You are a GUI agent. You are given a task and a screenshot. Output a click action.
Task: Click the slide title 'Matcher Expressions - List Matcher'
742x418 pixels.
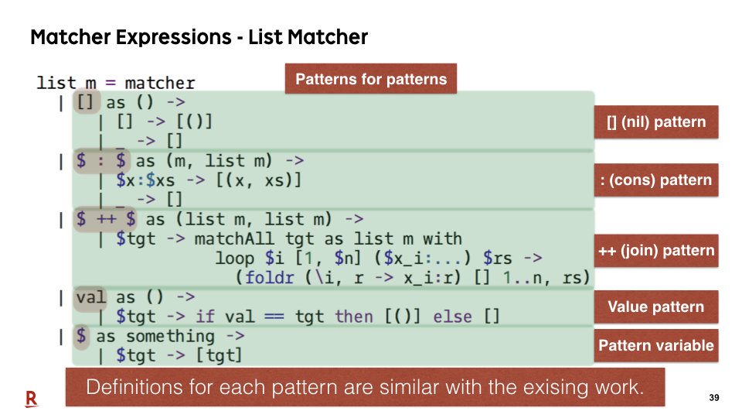point(199,37)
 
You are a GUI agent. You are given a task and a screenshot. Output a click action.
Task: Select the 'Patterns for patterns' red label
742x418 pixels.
point(371,79)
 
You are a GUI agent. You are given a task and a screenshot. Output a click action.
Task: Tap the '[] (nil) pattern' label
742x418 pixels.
point(656,122)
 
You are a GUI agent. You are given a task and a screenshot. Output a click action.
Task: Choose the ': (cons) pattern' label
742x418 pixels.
point(656,180)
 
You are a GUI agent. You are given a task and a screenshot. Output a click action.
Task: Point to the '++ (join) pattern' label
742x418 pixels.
point(656,250)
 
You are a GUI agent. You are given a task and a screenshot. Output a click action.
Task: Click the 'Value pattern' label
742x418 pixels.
point(656,307)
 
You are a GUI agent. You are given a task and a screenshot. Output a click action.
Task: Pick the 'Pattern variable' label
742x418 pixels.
point(656,345)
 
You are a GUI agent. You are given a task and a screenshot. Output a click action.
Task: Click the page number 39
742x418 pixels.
point(714,398)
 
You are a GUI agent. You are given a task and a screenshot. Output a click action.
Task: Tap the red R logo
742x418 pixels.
point(31,399)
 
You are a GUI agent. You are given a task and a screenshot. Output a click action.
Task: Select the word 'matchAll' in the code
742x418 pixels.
point(234,238)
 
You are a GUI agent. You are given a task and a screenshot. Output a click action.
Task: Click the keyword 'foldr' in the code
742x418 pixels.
point(270,277)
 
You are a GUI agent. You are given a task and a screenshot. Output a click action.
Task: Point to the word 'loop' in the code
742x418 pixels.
point(235,259)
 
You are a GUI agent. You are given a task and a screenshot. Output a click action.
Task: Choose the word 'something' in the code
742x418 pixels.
point(170,336)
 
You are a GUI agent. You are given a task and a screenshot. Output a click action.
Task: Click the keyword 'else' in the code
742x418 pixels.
point(452,316)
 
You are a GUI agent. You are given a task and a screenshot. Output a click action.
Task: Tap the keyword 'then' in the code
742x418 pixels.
point(354,316)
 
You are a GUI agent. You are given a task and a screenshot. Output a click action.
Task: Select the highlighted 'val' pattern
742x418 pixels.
point(90,297)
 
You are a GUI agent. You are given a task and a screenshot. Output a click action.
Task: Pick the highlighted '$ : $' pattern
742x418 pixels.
point(101,161)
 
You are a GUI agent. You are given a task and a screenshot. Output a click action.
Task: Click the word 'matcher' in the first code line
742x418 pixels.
point(160,83)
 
